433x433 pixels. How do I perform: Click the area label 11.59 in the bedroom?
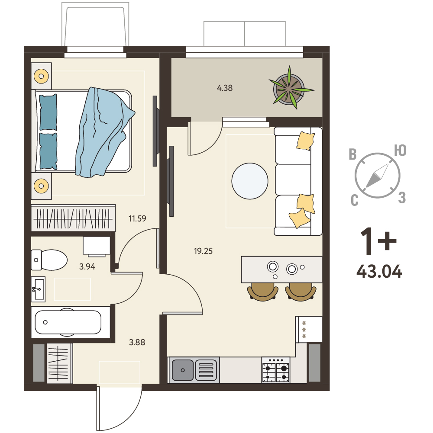(137, 218)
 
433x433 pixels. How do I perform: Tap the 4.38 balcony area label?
(225, 88)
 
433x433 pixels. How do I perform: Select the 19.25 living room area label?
(203, 251)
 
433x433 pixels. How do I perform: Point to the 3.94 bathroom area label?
(87, 266)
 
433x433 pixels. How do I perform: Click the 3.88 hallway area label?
(137, 342)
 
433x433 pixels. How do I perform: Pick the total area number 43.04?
(379, 272)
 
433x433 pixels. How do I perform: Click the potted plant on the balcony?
(290, 88)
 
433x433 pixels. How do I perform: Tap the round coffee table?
(250, 181)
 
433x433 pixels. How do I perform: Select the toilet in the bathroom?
(49, 260)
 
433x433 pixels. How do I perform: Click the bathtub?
(68, 322)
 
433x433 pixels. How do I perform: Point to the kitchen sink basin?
(183, 370)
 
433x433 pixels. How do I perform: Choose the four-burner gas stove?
(276, 370)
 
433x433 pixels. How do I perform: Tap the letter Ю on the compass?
(400, 151)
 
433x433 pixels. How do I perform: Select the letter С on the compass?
(355, 200)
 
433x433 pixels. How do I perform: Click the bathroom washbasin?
(38, 289)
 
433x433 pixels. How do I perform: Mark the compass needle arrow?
(377, 176)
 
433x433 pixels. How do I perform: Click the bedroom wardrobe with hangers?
(73, 218)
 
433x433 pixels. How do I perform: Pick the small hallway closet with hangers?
(58, 363)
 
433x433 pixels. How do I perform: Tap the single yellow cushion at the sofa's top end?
(305, 141)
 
